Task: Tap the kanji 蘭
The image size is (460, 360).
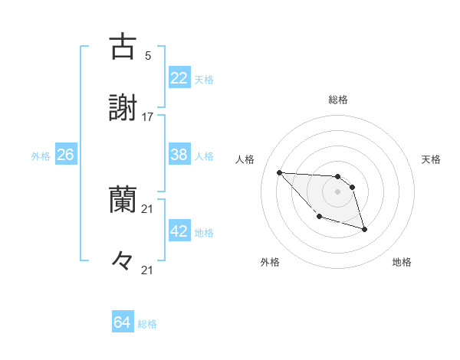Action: [123, 198]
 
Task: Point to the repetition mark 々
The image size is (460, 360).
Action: [123, 261]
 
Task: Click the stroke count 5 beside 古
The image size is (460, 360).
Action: [148, 55]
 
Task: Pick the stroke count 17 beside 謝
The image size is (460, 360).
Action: [148, 116]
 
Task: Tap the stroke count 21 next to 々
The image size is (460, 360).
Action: [148, 270]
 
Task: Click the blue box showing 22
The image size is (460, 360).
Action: [179, 78]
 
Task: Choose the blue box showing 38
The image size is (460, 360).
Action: [179, 155]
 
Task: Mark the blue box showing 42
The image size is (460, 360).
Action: [179, 231]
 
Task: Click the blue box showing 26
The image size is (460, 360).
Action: [65, 155]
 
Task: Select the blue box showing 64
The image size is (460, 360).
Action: [123, 322]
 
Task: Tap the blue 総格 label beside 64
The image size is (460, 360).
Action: [147, 324]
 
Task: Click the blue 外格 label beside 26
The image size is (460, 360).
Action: [41, 156]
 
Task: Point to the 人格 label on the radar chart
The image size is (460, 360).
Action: [245, 159]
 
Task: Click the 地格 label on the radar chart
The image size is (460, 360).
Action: [402, 262]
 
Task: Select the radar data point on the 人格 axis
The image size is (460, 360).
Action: [279, 172]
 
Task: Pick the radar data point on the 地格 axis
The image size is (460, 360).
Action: [364, 229]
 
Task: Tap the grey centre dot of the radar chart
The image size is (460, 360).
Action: [337, 191]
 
